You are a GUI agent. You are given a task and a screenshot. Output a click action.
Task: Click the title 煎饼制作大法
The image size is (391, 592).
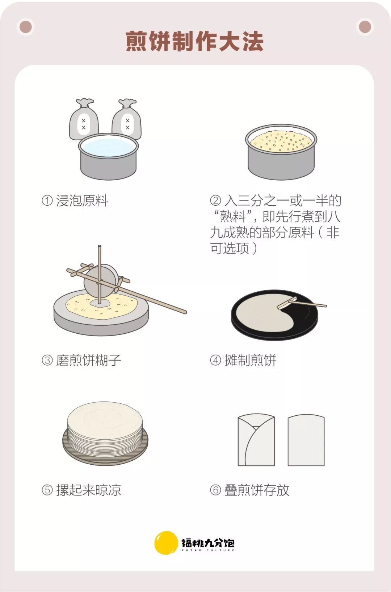pos(195,41)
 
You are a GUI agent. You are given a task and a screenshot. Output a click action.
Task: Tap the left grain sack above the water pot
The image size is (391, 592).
pos(84,119)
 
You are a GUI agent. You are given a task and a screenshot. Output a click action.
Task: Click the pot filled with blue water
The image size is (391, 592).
pos(108,156)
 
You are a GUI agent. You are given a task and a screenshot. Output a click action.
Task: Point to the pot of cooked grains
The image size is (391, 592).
pos(281,152)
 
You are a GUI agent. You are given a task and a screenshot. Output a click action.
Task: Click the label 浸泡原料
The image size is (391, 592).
pos(82,201)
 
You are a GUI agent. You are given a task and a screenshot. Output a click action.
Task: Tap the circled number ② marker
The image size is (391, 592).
pos(215,201)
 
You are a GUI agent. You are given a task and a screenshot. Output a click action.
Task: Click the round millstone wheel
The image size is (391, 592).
pos(101,281)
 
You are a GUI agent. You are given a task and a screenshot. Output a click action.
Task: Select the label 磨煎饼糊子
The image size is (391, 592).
pos(88,360)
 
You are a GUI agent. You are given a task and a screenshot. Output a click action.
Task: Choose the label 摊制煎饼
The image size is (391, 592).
pos(250,360)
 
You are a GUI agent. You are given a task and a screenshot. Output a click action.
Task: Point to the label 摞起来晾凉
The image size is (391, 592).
pos(88,490)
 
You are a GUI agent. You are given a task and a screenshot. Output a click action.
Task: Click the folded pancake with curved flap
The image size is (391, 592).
pos(256,440)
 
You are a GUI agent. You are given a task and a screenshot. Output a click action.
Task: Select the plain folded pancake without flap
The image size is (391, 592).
pos(306,440)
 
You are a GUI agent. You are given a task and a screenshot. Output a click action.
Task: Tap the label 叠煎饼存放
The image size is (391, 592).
pos(257,490)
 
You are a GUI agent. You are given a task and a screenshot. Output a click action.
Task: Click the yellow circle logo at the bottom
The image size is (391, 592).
pos(166,543)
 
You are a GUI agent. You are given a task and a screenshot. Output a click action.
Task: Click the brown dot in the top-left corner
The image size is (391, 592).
pos(26,27)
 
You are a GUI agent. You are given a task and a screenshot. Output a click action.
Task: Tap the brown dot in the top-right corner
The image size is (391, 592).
pos(365,27)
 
